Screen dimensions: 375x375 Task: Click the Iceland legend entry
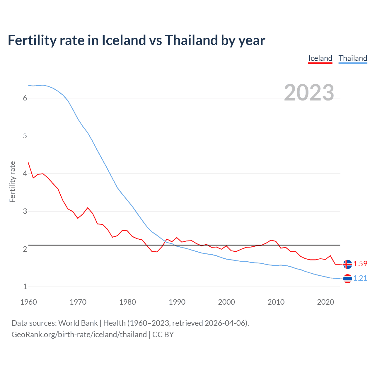[x=320, y=58]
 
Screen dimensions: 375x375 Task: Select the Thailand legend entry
[x=353, y=58]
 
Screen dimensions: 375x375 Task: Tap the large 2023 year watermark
[x=309, y=93]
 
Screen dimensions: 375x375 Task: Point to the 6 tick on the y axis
[x=25, y=98]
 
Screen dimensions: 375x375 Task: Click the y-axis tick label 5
[x=25, y=136]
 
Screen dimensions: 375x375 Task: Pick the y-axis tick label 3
[x=25, y=211]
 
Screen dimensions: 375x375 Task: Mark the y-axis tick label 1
[x=25, y=287]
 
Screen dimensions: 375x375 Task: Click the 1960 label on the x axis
[x=28, y=302]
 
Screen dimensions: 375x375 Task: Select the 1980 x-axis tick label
[x=127, y=302]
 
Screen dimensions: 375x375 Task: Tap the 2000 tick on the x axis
[x=226, y=302]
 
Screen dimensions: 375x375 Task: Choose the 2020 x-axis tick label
[x=325, y=302]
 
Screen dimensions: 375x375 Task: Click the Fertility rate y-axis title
[x=12, y=182]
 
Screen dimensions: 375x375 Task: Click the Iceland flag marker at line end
[x=347, y=264]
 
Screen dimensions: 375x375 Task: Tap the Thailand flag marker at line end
[x=347, y=278]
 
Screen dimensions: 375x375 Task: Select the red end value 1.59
[x=360, y=264]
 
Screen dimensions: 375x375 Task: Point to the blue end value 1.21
[x=360, y=278]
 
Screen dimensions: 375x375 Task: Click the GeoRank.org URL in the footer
[x=79, y=335]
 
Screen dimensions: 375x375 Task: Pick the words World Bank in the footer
[x=78, y=323]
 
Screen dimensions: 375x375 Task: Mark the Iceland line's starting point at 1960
[x=28, y=163]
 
